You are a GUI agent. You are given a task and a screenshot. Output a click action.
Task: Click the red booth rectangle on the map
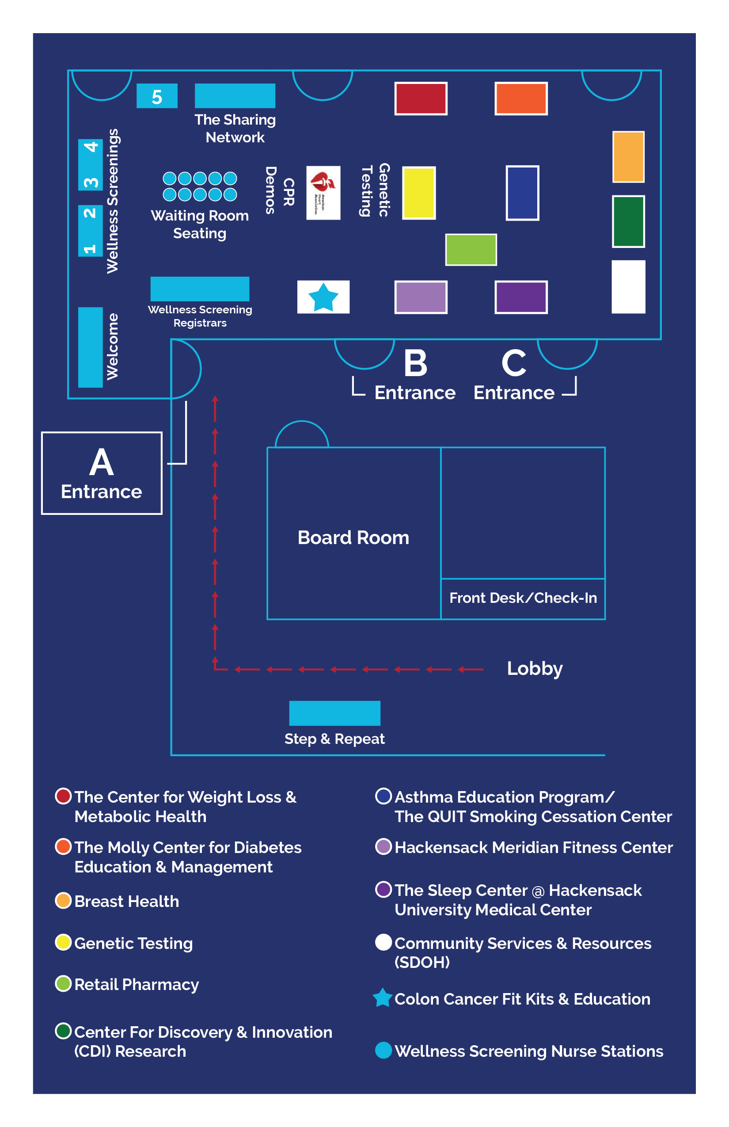421,99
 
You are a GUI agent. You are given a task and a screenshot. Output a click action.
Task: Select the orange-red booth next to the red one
521,99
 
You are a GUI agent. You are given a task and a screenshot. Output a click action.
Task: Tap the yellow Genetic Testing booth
419,193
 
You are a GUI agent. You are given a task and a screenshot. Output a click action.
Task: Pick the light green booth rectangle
471,250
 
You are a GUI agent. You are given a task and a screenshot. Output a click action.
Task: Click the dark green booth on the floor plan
629,221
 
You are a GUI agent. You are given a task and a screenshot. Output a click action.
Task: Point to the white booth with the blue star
323,297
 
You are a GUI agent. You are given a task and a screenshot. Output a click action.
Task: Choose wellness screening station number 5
157,96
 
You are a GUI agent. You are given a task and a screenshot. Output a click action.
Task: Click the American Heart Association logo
323,193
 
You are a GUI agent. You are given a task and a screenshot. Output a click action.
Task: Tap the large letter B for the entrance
416,363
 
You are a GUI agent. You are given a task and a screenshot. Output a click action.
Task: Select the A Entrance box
102,473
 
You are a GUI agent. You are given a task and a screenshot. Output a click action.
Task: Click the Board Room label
353,537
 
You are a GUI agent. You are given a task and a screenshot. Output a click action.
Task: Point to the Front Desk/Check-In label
523,598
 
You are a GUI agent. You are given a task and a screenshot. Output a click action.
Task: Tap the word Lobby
535,669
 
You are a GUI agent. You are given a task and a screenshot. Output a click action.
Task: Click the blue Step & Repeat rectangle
335,713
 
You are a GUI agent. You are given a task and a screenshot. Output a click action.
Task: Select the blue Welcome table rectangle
91,347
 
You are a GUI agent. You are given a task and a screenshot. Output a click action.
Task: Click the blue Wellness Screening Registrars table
200,289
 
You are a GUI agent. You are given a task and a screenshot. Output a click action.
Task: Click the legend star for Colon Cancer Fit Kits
383,998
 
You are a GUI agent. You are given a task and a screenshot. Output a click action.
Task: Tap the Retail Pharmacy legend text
137,985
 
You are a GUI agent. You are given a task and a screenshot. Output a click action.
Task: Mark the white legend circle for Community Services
383,942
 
